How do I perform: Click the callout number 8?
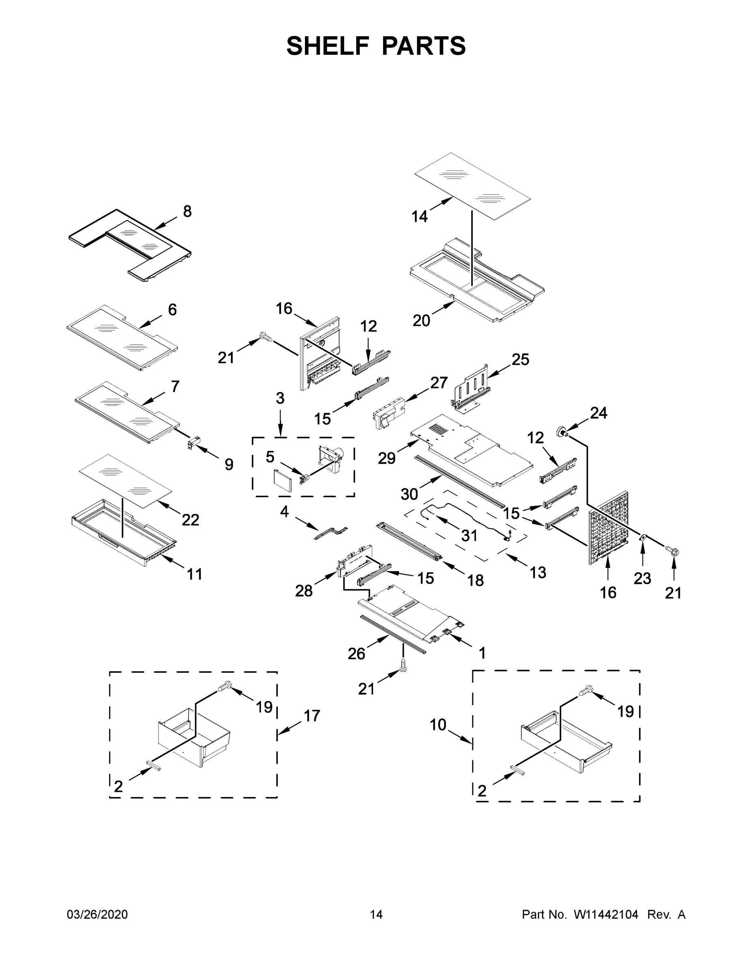pyautogui.click(x=187, y=211)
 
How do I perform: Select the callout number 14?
pyautogui.click(x=420, y=217)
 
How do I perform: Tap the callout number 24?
pyautogui.click(x=598, y=413)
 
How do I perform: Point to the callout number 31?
pyautogui.click(x=469, y=536)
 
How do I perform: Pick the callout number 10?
pyautogui.click(x=438, y=725)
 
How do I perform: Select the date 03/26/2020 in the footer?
pyautogui.click(x=97, y=914)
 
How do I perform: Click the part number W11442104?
pyautogui.click(x=606, y=914)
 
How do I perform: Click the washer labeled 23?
pyautogui.click(x=643, y=538)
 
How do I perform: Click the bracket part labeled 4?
pyautogui.click(x=330, y=534)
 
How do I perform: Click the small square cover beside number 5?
pyautogui.click(x=282, y=480)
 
